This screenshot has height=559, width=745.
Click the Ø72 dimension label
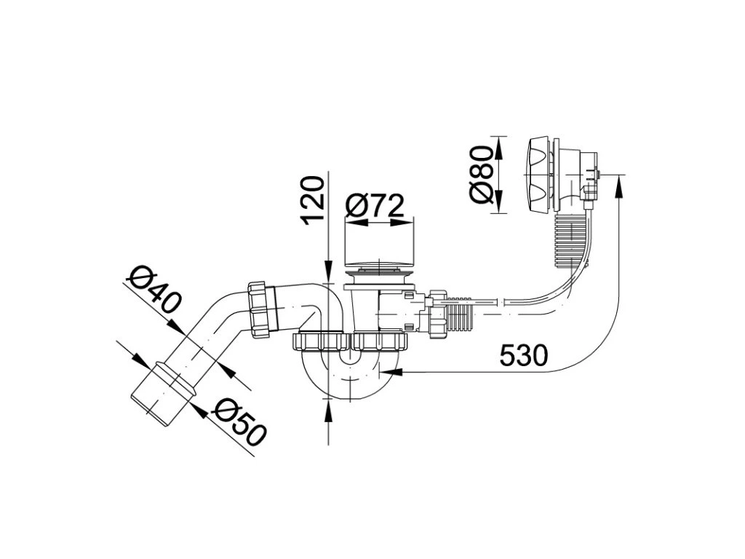click(374, 207)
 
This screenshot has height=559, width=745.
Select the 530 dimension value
click(523, 356)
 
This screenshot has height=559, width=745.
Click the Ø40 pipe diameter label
click(152, 290)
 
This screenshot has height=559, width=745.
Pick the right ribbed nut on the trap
click(381, 341)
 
